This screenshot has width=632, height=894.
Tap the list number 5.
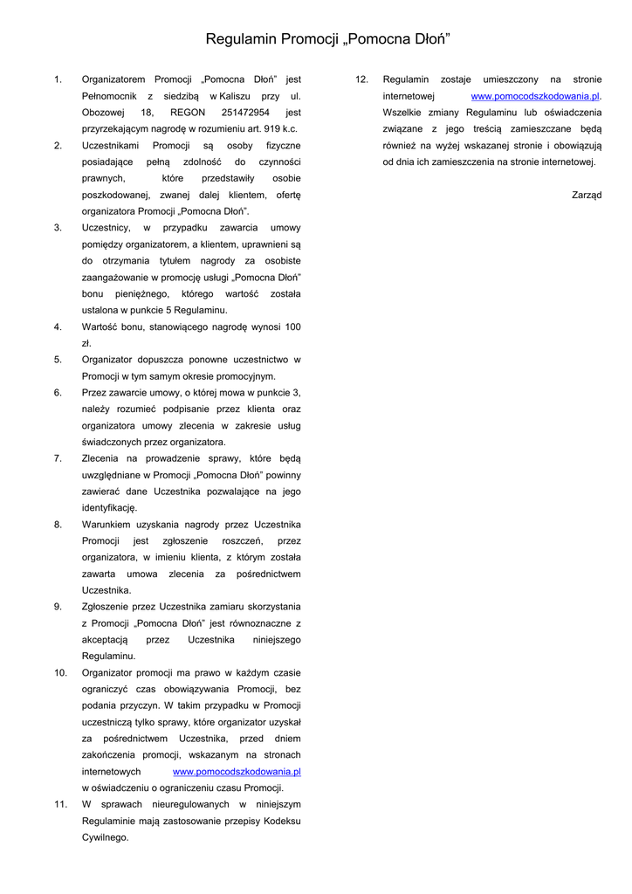tap(58, 359)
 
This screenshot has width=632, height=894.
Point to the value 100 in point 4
tap(292, 327)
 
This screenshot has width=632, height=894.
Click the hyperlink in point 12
tap(535, 96)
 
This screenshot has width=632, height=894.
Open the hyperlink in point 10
tap(237, 772)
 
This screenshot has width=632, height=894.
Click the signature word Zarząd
tap(587, 195)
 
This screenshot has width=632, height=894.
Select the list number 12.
tap(362, 79)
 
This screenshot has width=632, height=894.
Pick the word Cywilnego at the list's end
tap(105, 837)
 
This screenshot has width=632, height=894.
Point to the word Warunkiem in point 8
tap(106, 525)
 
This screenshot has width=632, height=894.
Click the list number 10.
tap(60, 673)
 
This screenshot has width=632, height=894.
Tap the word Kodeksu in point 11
tap(281, 821)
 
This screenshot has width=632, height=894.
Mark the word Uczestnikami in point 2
tap(109, 145)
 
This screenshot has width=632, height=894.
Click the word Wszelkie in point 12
tap(402, 113)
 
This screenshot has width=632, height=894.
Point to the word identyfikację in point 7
tap(109, 507)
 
